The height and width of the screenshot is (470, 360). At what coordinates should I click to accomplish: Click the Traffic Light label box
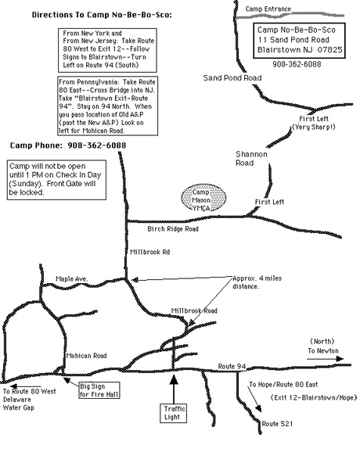pyautogui.click(x=174, y=413)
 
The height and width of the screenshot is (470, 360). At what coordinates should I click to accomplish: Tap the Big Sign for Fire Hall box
pyautogui.click(x=99, y=390)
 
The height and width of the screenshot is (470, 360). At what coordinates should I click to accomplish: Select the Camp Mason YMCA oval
pyautogui.click(x=203, y=198)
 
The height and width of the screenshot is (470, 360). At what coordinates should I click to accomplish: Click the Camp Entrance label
pyautogui.click(x=268, y=9)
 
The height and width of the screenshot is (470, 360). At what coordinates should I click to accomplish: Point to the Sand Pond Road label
pyautogui.click(x=232, y=78)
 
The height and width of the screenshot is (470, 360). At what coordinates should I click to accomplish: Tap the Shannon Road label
pyautogui.click(x=251, y=159)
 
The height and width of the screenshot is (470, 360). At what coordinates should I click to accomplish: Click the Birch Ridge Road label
pyautogui.click(x=173, y=229)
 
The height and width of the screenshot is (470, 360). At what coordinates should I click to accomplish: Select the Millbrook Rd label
pyautogui.click(x=150, y=252)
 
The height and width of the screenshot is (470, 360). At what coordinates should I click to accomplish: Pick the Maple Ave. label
pyautogui.click(x=72, y=279)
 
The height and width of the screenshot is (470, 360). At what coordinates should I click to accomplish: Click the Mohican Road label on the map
pyautogui.click(x=86, y=356)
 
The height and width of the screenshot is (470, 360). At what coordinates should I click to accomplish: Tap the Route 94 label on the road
pyautogui.click(x=232, y=366)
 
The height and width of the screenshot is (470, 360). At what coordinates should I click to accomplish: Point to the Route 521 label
pyautogui.click(x=277, y=424)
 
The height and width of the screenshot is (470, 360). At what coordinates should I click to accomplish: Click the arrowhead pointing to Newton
pyautogui.click(x=340, y=358)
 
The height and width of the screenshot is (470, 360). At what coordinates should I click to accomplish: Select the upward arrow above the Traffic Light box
pyautogui.click(x=174, y=389)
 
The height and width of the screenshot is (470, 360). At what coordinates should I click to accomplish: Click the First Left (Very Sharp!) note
pyautogui.click(x=314, y=123)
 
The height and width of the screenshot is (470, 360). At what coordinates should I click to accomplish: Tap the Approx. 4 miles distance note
pyautogui.click(x=257, y=282)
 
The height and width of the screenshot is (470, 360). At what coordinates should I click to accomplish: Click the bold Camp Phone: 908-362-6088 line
pyautogui.click(x=68, y=145)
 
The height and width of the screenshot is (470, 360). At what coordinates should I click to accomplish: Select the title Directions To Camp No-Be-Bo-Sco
pyautogui.click(x=102, y=15)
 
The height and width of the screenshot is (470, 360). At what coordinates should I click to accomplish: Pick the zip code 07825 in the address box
pyautogui.click(x=329, y=50)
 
